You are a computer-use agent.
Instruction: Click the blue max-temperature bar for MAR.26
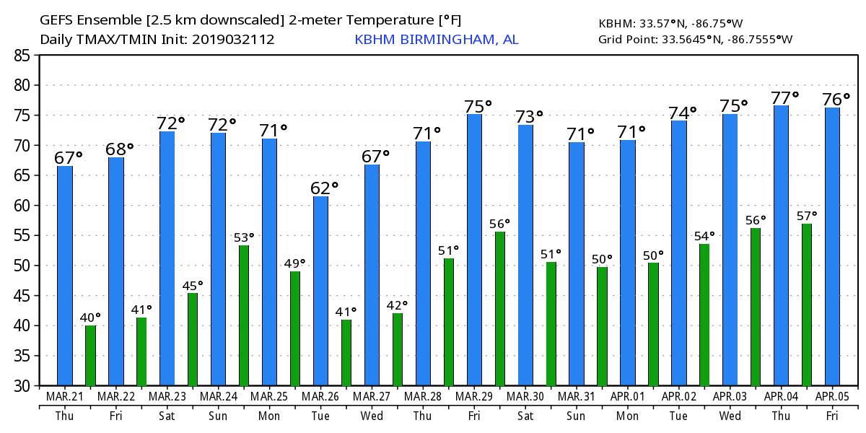pos(320,291)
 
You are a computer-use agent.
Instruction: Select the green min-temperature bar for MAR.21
pos(90,355)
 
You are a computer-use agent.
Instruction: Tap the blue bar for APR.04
pos(781,245)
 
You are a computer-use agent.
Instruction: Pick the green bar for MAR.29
pos(499,309)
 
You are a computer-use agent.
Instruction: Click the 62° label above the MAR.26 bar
pos(324,188)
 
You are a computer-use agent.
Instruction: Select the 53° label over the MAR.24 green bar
pos(244,237)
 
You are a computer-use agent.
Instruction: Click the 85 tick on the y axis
pos(22,55)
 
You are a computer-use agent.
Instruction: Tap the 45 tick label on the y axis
pos(22,296)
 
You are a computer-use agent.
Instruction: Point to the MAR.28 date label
pos(423,397)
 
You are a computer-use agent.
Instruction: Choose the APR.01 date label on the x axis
pos(628,397)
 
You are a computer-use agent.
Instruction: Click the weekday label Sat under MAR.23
pos(167,416)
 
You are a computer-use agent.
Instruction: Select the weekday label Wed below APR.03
pos(730,416)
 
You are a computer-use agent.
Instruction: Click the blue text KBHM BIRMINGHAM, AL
pos(436,40)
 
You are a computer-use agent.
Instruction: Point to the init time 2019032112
pos(233,40)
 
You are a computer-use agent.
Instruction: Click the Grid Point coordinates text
pos(696,39)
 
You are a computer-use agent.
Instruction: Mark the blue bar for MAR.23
pos(167,258)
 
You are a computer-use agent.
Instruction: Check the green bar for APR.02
pos(704,315)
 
